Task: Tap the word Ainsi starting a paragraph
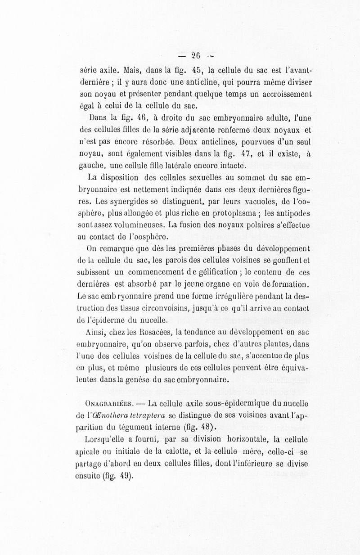click(x=94, y=334)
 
